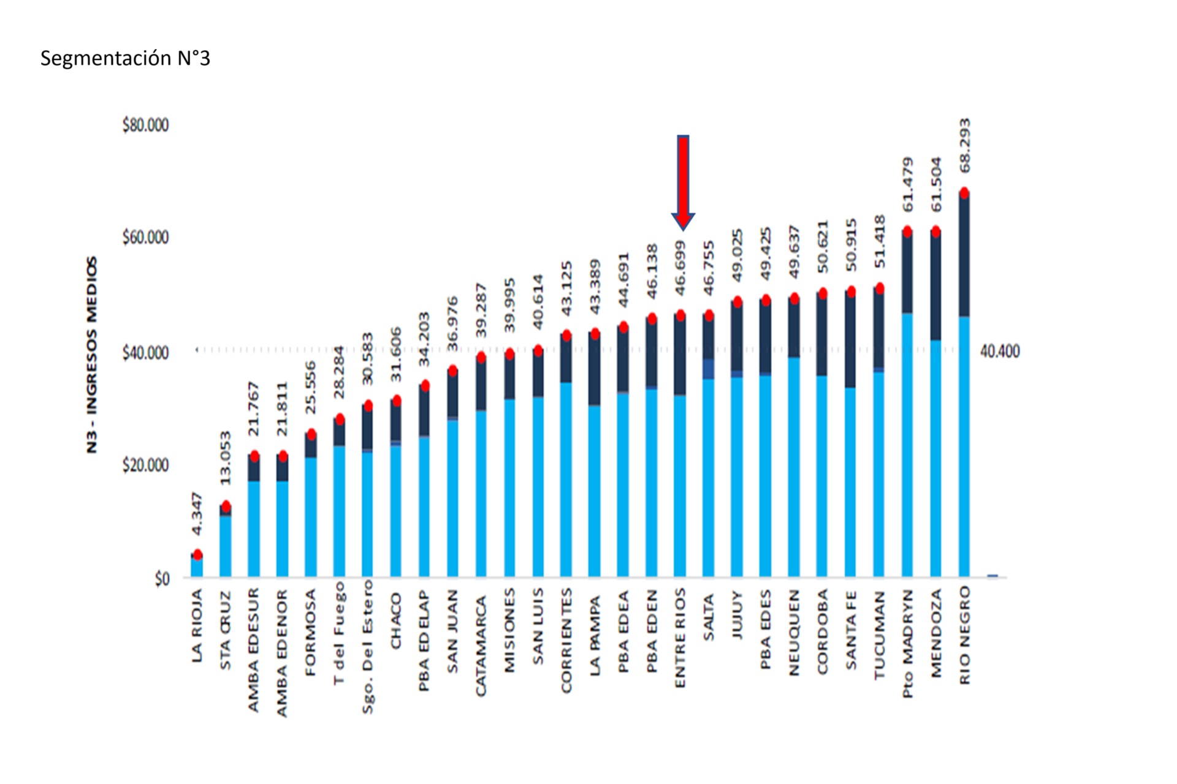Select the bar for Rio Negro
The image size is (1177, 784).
click(x=964, y=386)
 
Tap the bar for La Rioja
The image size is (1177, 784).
click(x=197, y=566)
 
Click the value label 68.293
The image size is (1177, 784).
click(x=964, y=146)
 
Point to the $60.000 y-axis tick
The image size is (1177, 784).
click(x=145, y=238)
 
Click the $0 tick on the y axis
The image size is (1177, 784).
click(x=162, y=579)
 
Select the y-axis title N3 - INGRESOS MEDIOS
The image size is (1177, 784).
click(x=92, y=355)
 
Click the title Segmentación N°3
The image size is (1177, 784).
click(x=125, y=58)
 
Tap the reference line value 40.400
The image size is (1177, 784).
click(x=1000, y=352)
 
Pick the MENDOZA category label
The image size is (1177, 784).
click(x=936, y=633)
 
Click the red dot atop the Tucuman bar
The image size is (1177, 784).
click(x=880, y=288)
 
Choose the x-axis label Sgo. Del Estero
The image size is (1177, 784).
click(x=367, y=647)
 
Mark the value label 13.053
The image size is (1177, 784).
click(x=226, y=458)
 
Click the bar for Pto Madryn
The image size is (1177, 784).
click(x=907, y=404)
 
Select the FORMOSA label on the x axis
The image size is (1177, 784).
click(x=311, y=632)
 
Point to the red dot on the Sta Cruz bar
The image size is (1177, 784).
click(x=226, y=507)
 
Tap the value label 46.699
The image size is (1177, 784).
click(x=680, y=268)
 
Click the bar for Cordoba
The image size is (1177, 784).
click(x=822, y=435)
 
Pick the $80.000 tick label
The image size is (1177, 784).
click(x=145, y=125)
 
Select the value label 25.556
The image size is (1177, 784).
click(x=311, y=387)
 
